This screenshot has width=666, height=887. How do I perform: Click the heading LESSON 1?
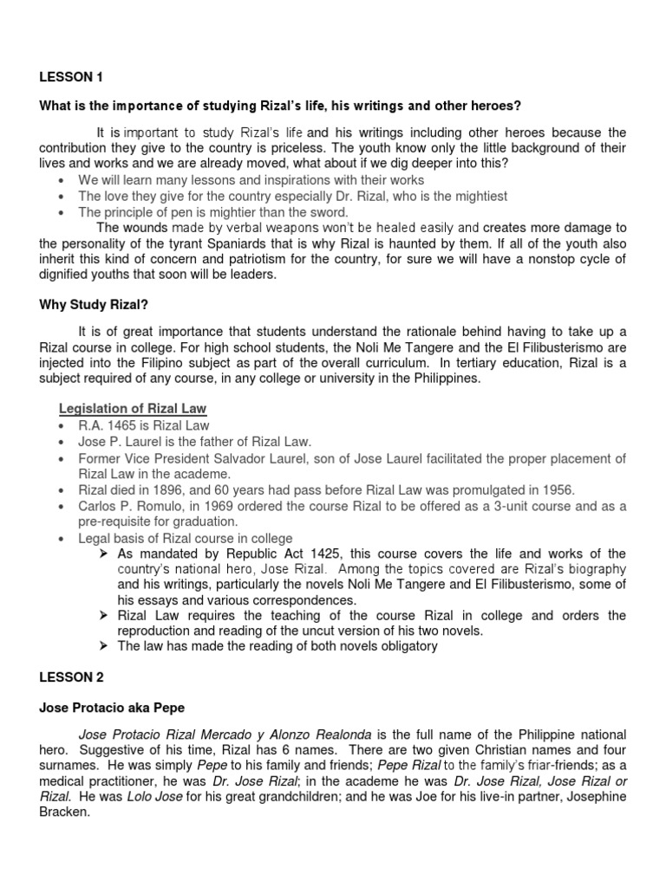coord(71,77)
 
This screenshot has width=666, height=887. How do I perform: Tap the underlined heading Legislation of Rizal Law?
coord(132,408)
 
